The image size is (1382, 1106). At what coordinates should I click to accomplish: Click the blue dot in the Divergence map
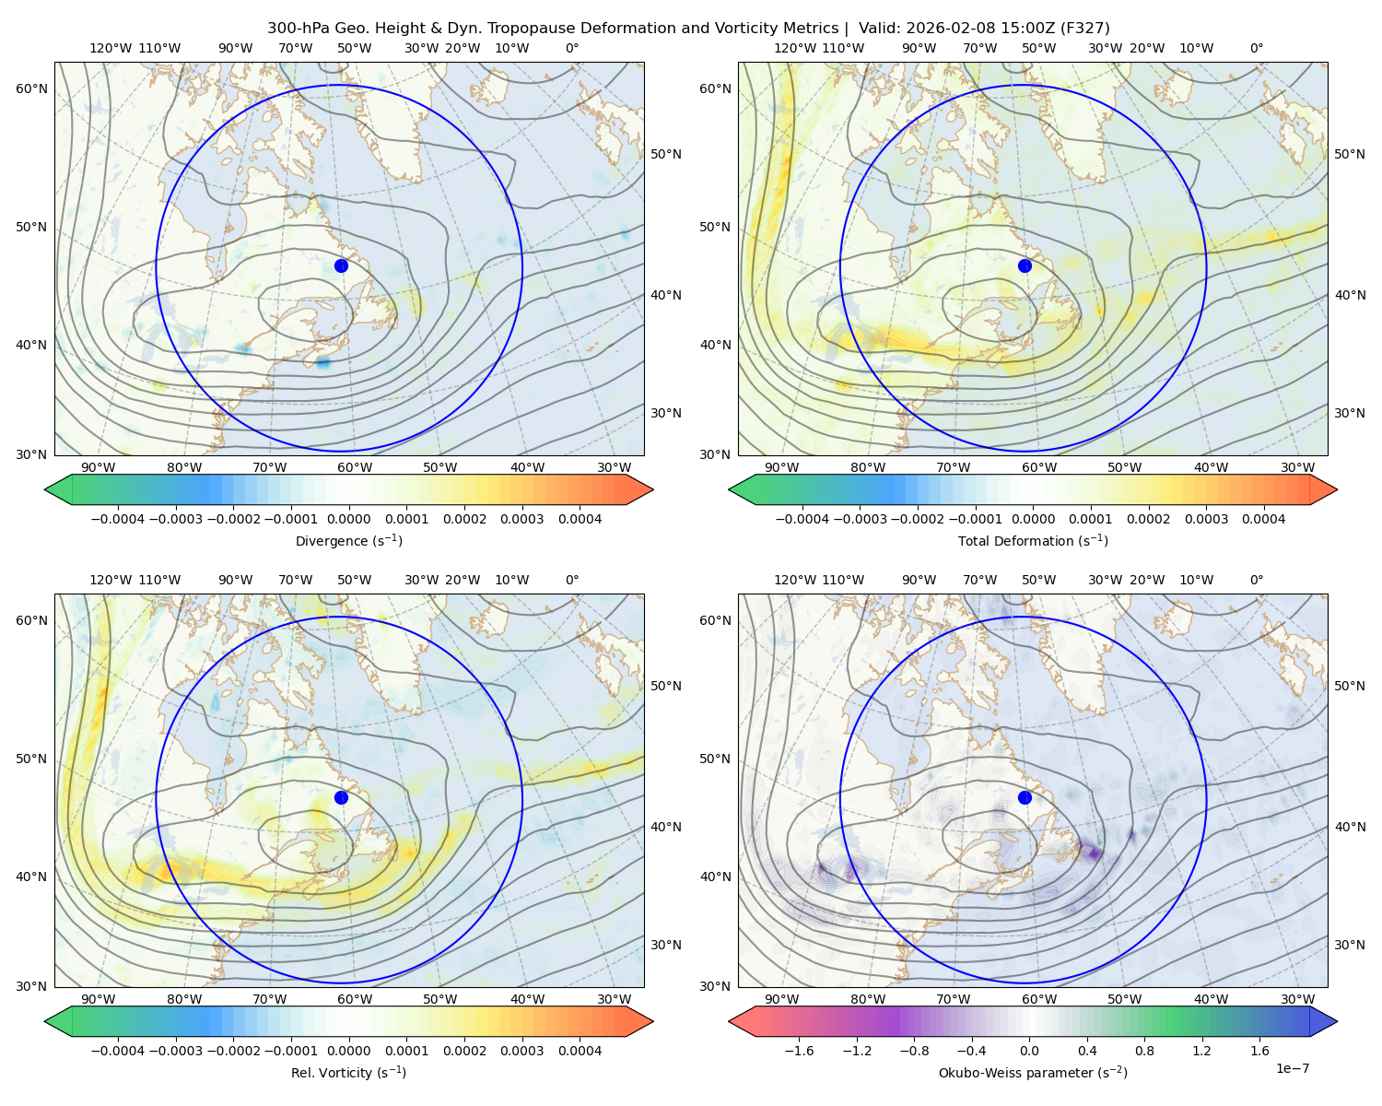click(x=341, y=265)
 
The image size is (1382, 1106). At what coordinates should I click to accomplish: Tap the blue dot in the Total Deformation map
click(x=1025, y=265)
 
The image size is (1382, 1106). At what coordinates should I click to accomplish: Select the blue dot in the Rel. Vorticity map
click(x=341, y=797)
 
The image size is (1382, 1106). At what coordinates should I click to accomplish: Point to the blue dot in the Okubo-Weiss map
click(x=1025, y=797)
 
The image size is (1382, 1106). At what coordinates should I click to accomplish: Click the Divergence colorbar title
click(x=348, y=540)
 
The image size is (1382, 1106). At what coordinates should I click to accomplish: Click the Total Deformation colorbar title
click(x=1033, y=540)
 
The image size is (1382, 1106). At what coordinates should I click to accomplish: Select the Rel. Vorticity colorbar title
click(x=348, y=1072)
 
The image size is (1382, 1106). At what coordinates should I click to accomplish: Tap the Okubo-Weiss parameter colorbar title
click(x=1033, y=1072)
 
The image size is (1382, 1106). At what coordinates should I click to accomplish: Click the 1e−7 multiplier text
click(x=1292, y=1068)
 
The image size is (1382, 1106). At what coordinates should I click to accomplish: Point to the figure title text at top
click(x=688, y=29)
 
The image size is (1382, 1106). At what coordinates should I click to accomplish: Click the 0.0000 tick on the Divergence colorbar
click(x=348, y=519)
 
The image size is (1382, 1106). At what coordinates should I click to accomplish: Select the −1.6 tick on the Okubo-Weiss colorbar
click(x=799, y=1051)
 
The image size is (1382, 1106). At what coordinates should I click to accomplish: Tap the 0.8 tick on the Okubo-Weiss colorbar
click(x=1144, y=1051)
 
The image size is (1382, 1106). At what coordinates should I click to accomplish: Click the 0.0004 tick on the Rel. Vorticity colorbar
click(x=580, y=1051)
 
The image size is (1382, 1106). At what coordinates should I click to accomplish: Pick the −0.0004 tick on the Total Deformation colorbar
click(x=802, y=519)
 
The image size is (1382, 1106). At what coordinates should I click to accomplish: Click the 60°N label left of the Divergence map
click(x=31, y=88)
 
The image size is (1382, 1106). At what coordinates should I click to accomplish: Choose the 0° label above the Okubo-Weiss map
click(x=1256, y=581)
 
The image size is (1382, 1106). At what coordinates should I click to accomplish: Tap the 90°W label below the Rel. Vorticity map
click(x=99, y=999)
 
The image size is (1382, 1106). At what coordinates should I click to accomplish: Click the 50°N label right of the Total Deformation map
click(x=1350, y=154)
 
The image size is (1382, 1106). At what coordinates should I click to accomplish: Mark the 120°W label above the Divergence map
click(x=111, y=48)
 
